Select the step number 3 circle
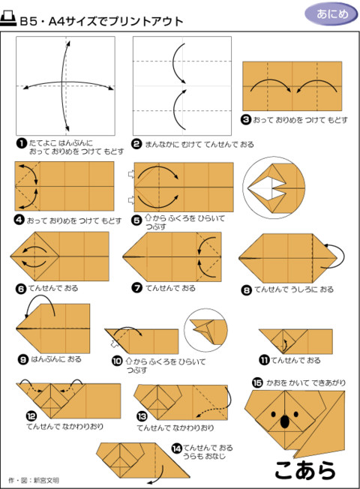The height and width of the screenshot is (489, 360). coord(245,118)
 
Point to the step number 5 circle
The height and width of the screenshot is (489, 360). coord(136,219)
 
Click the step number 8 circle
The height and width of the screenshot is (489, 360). coord(245,289)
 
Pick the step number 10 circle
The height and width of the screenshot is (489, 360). coord(116,361)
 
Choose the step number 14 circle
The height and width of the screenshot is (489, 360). coord(176,449)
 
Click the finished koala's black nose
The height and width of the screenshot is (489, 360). coord(284,422)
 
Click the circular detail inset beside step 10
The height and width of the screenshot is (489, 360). coord(205,328)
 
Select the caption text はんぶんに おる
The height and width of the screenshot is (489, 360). coord(56,359)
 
